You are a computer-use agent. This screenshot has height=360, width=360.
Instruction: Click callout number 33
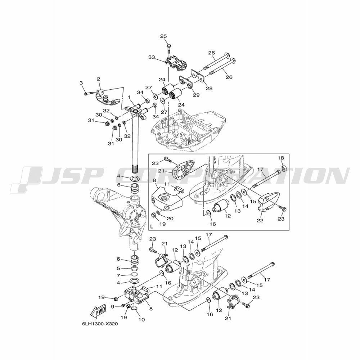(152, 57)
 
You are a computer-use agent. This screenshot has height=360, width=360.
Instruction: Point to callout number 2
(99, 79)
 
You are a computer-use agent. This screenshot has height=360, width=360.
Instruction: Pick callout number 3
(81, 83)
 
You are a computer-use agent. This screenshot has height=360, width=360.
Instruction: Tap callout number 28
(209, 88)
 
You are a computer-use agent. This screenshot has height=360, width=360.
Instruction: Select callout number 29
(196, 95)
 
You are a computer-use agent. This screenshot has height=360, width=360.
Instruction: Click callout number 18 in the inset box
(281, 158)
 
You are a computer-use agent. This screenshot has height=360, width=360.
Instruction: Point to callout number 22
(260, 221)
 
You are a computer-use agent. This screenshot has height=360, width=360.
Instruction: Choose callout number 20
(170, 219)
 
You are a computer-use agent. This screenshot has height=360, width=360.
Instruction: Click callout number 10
(142, 319)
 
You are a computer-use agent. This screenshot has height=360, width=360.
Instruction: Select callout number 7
(118, 275)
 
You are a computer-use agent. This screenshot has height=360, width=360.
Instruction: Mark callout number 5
(118, 268)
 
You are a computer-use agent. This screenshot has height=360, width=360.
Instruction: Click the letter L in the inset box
(151, 227)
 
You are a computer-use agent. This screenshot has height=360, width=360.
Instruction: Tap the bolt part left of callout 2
(89, 93)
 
